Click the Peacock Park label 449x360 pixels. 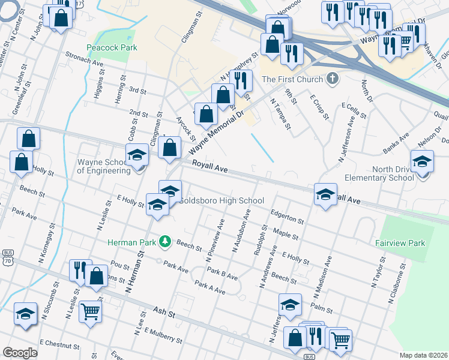point(112,47)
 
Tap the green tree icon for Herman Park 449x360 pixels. point(163,242)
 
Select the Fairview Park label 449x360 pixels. point(400,243)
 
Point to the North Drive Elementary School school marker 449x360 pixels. point(422,161)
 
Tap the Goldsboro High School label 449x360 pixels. point(222,200)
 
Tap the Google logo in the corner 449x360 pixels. point(20,353)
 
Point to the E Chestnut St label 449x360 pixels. point(59,346)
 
